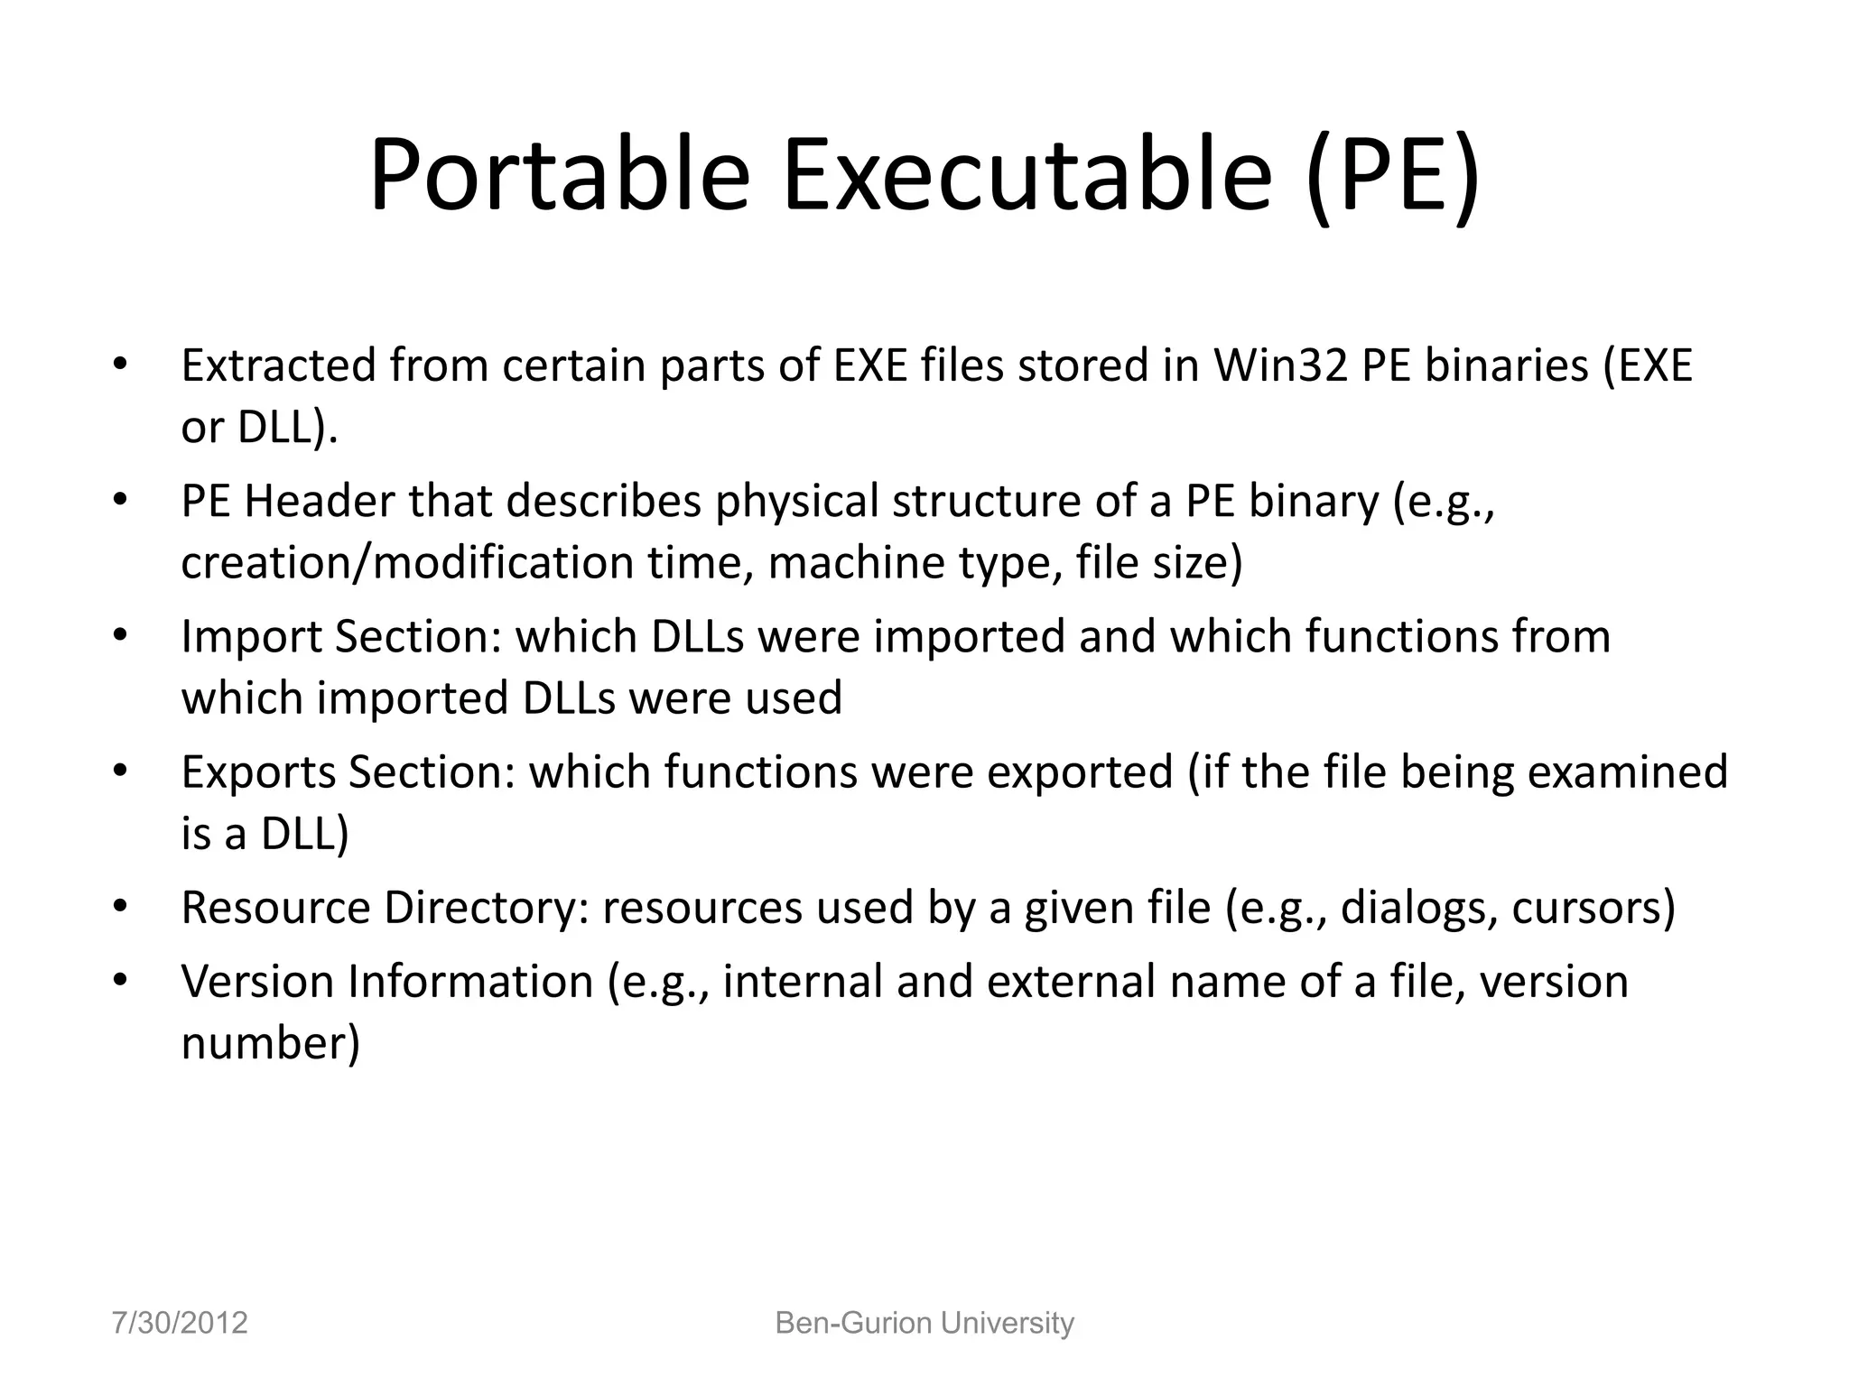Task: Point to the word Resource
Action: [274, 908]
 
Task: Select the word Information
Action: [470, 982]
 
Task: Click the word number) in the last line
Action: [270, 1044]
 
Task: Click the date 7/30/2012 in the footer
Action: [180, 1323]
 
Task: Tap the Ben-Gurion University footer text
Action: [924, 1323]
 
